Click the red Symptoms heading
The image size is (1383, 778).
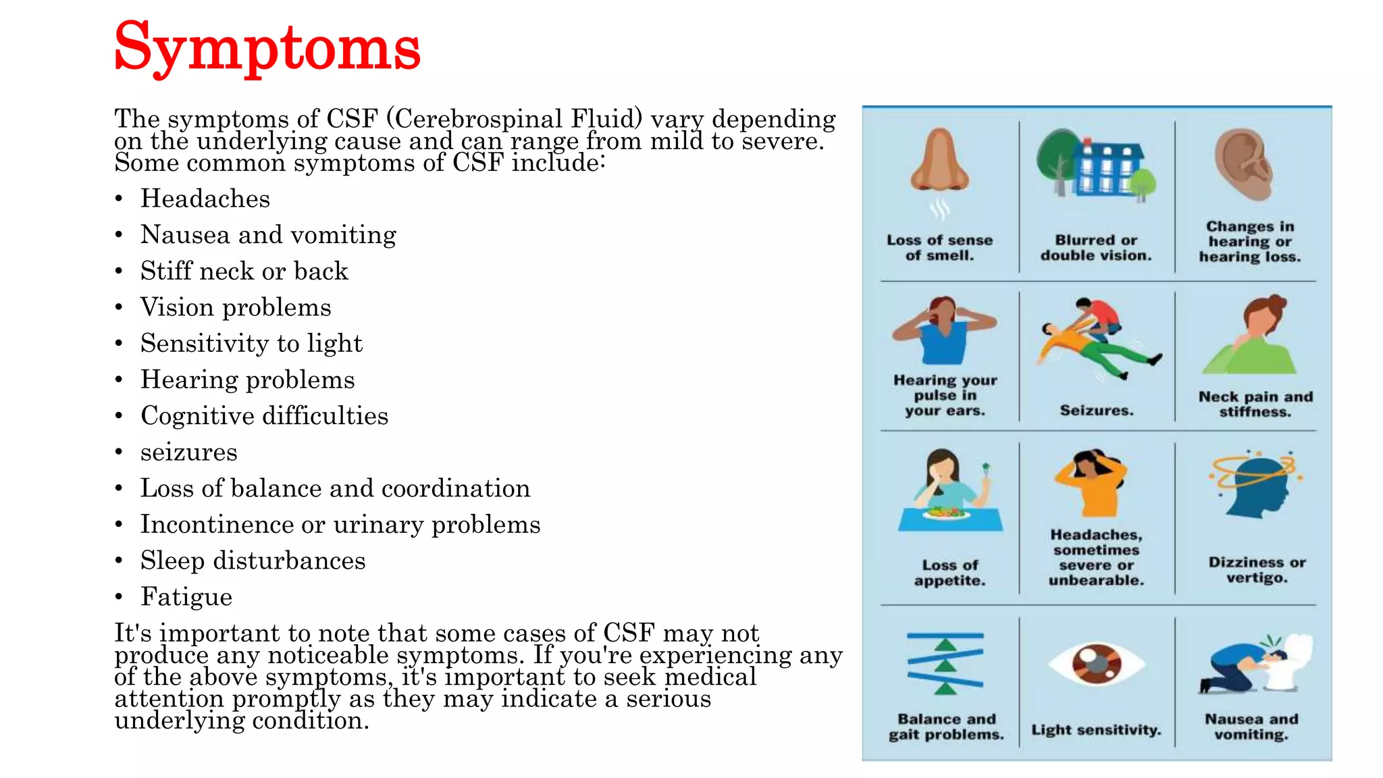(x=267, y=47)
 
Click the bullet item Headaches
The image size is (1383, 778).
(x=205, y=199)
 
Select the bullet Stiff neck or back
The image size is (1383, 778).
(x=244, y=271)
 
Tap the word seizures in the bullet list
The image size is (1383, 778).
(x=188, y=452)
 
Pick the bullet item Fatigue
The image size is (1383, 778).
(x=186, y=597)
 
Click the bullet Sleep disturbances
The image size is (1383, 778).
(x=253, y=561)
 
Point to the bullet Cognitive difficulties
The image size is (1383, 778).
(x=264, y=416)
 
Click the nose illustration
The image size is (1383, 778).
(x=939, y=162)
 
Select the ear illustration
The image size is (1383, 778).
(x=1245, y=164)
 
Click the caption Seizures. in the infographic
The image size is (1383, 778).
(x=1097, y=410)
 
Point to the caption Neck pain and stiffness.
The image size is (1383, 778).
(x=1255, y=404)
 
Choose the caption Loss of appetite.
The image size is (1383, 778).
(x=949, y=572)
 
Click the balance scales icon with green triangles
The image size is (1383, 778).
(x=945, y=663)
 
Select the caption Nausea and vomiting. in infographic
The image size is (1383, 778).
(x=1251, y=727)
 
